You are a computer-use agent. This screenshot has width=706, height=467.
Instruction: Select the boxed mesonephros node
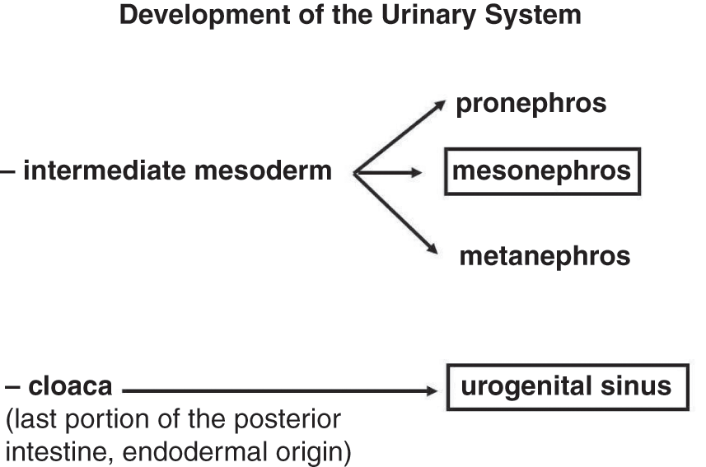(x=542, y=171)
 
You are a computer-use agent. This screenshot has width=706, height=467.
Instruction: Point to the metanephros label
(x=545, y=256)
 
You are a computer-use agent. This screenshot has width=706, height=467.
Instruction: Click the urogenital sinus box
(x=567, y=387)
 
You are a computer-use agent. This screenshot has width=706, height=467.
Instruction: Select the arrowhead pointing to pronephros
(x=442, y=104)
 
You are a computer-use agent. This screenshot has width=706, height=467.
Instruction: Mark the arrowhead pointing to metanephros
(x=432, y=250)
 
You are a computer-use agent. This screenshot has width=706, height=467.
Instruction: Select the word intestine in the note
(x=47, y=449)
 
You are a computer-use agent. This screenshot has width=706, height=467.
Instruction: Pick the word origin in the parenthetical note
(x=308, y=451)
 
